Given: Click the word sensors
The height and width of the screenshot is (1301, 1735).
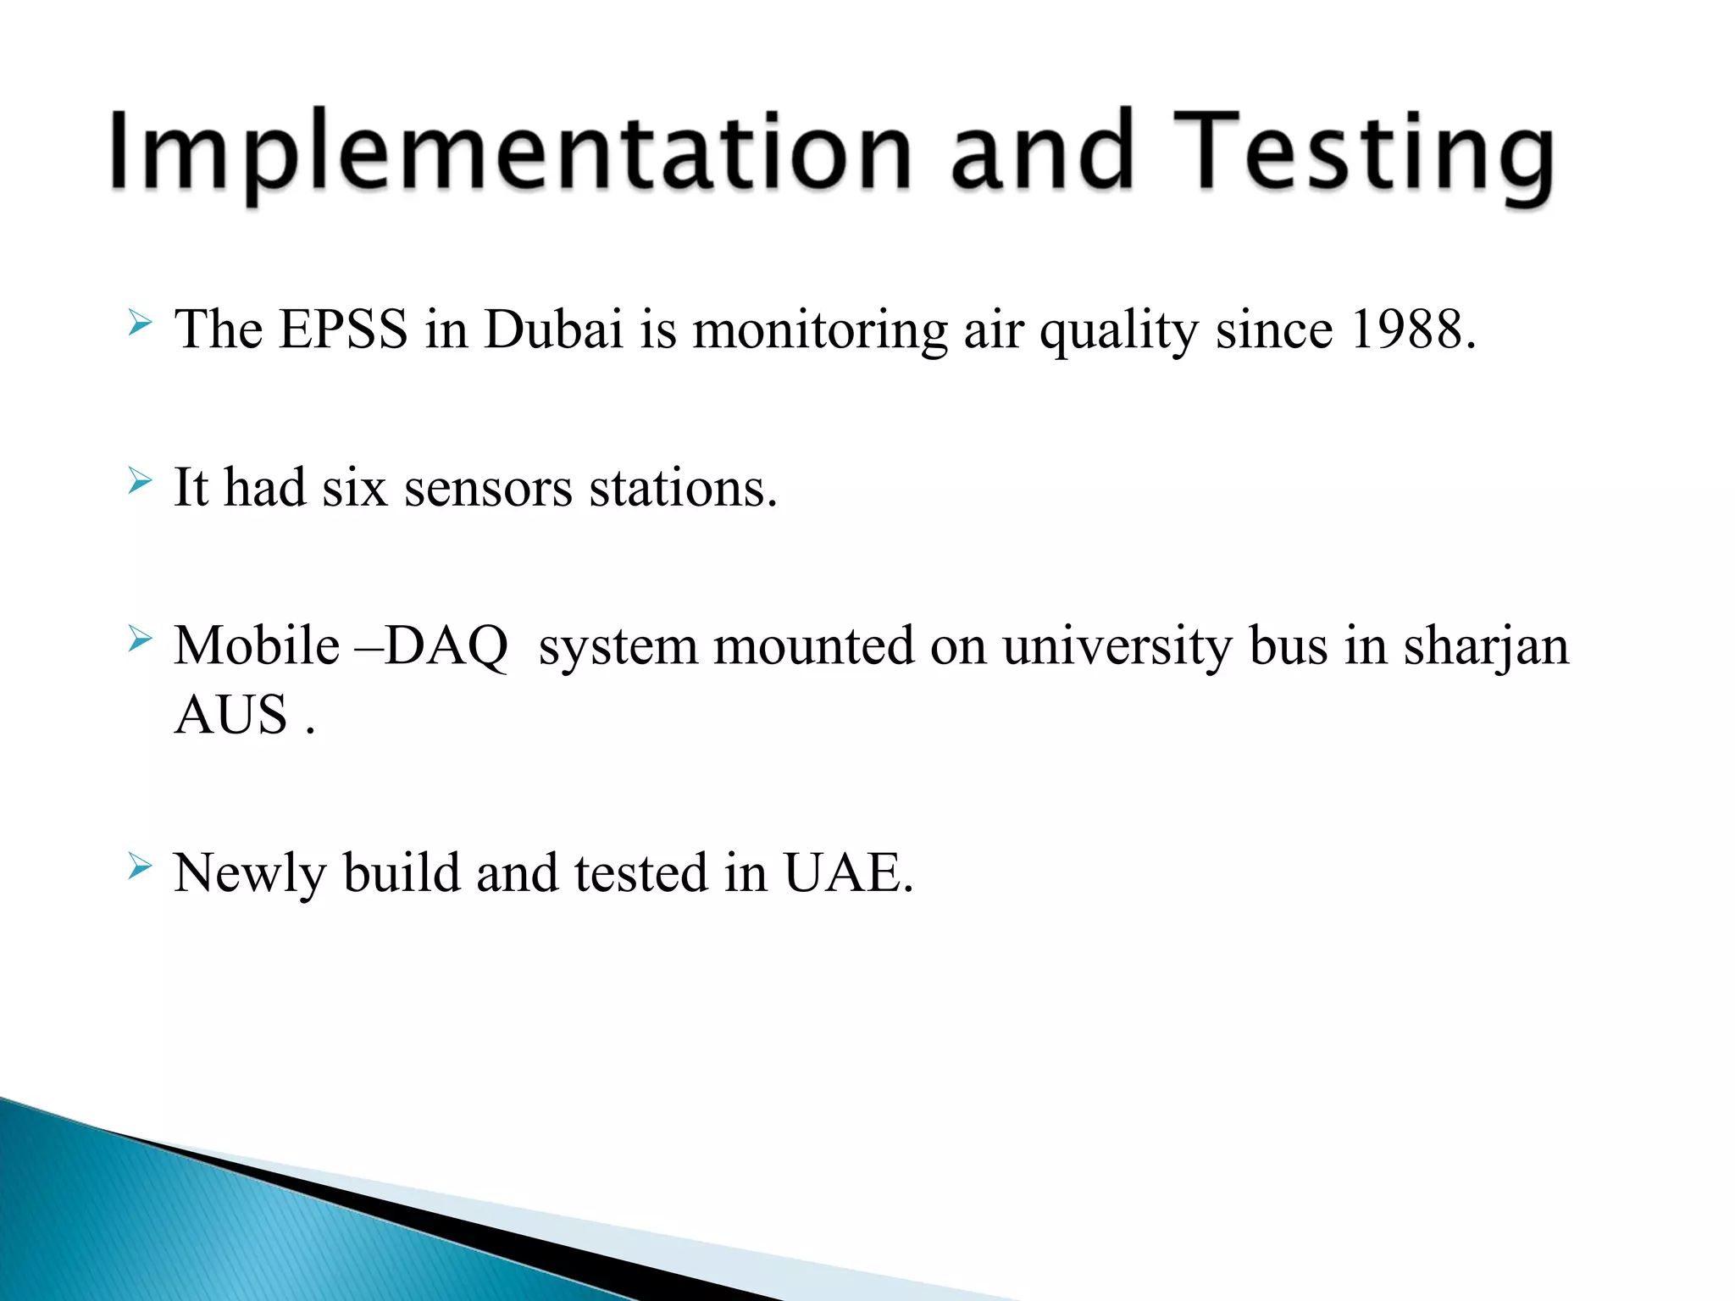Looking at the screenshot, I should point(489,488).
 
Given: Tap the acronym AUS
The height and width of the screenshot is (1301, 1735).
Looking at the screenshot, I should point(230,714).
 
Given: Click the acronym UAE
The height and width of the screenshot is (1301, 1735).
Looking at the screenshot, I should point(848,872).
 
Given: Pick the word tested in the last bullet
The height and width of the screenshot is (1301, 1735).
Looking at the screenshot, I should point(640,872).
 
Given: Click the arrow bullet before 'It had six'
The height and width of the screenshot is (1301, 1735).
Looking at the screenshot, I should point(140,483).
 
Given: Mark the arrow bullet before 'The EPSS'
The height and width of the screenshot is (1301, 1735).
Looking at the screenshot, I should point(140,324).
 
